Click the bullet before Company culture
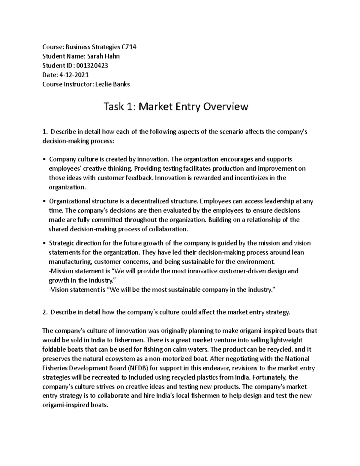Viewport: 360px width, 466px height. (x=44, y=159)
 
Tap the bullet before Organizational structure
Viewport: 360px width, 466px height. (x=44, y=201)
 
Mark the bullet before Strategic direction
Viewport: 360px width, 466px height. (x=44, y=243)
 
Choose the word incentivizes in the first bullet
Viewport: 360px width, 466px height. (x=251, y=178)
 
